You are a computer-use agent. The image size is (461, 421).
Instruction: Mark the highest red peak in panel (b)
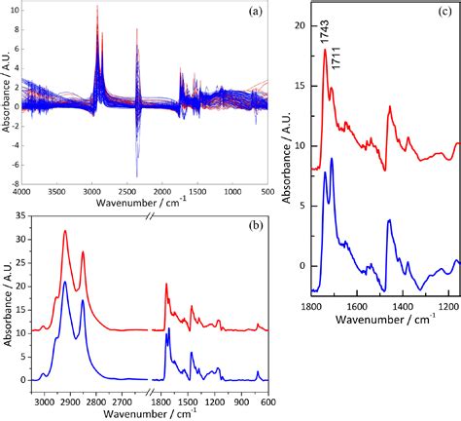[x=65, y=231]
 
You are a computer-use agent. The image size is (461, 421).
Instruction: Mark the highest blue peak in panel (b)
[x=65, y=282]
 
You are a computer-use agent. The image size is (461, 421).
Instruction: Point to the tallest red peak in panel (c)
[x=325, y=51]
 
